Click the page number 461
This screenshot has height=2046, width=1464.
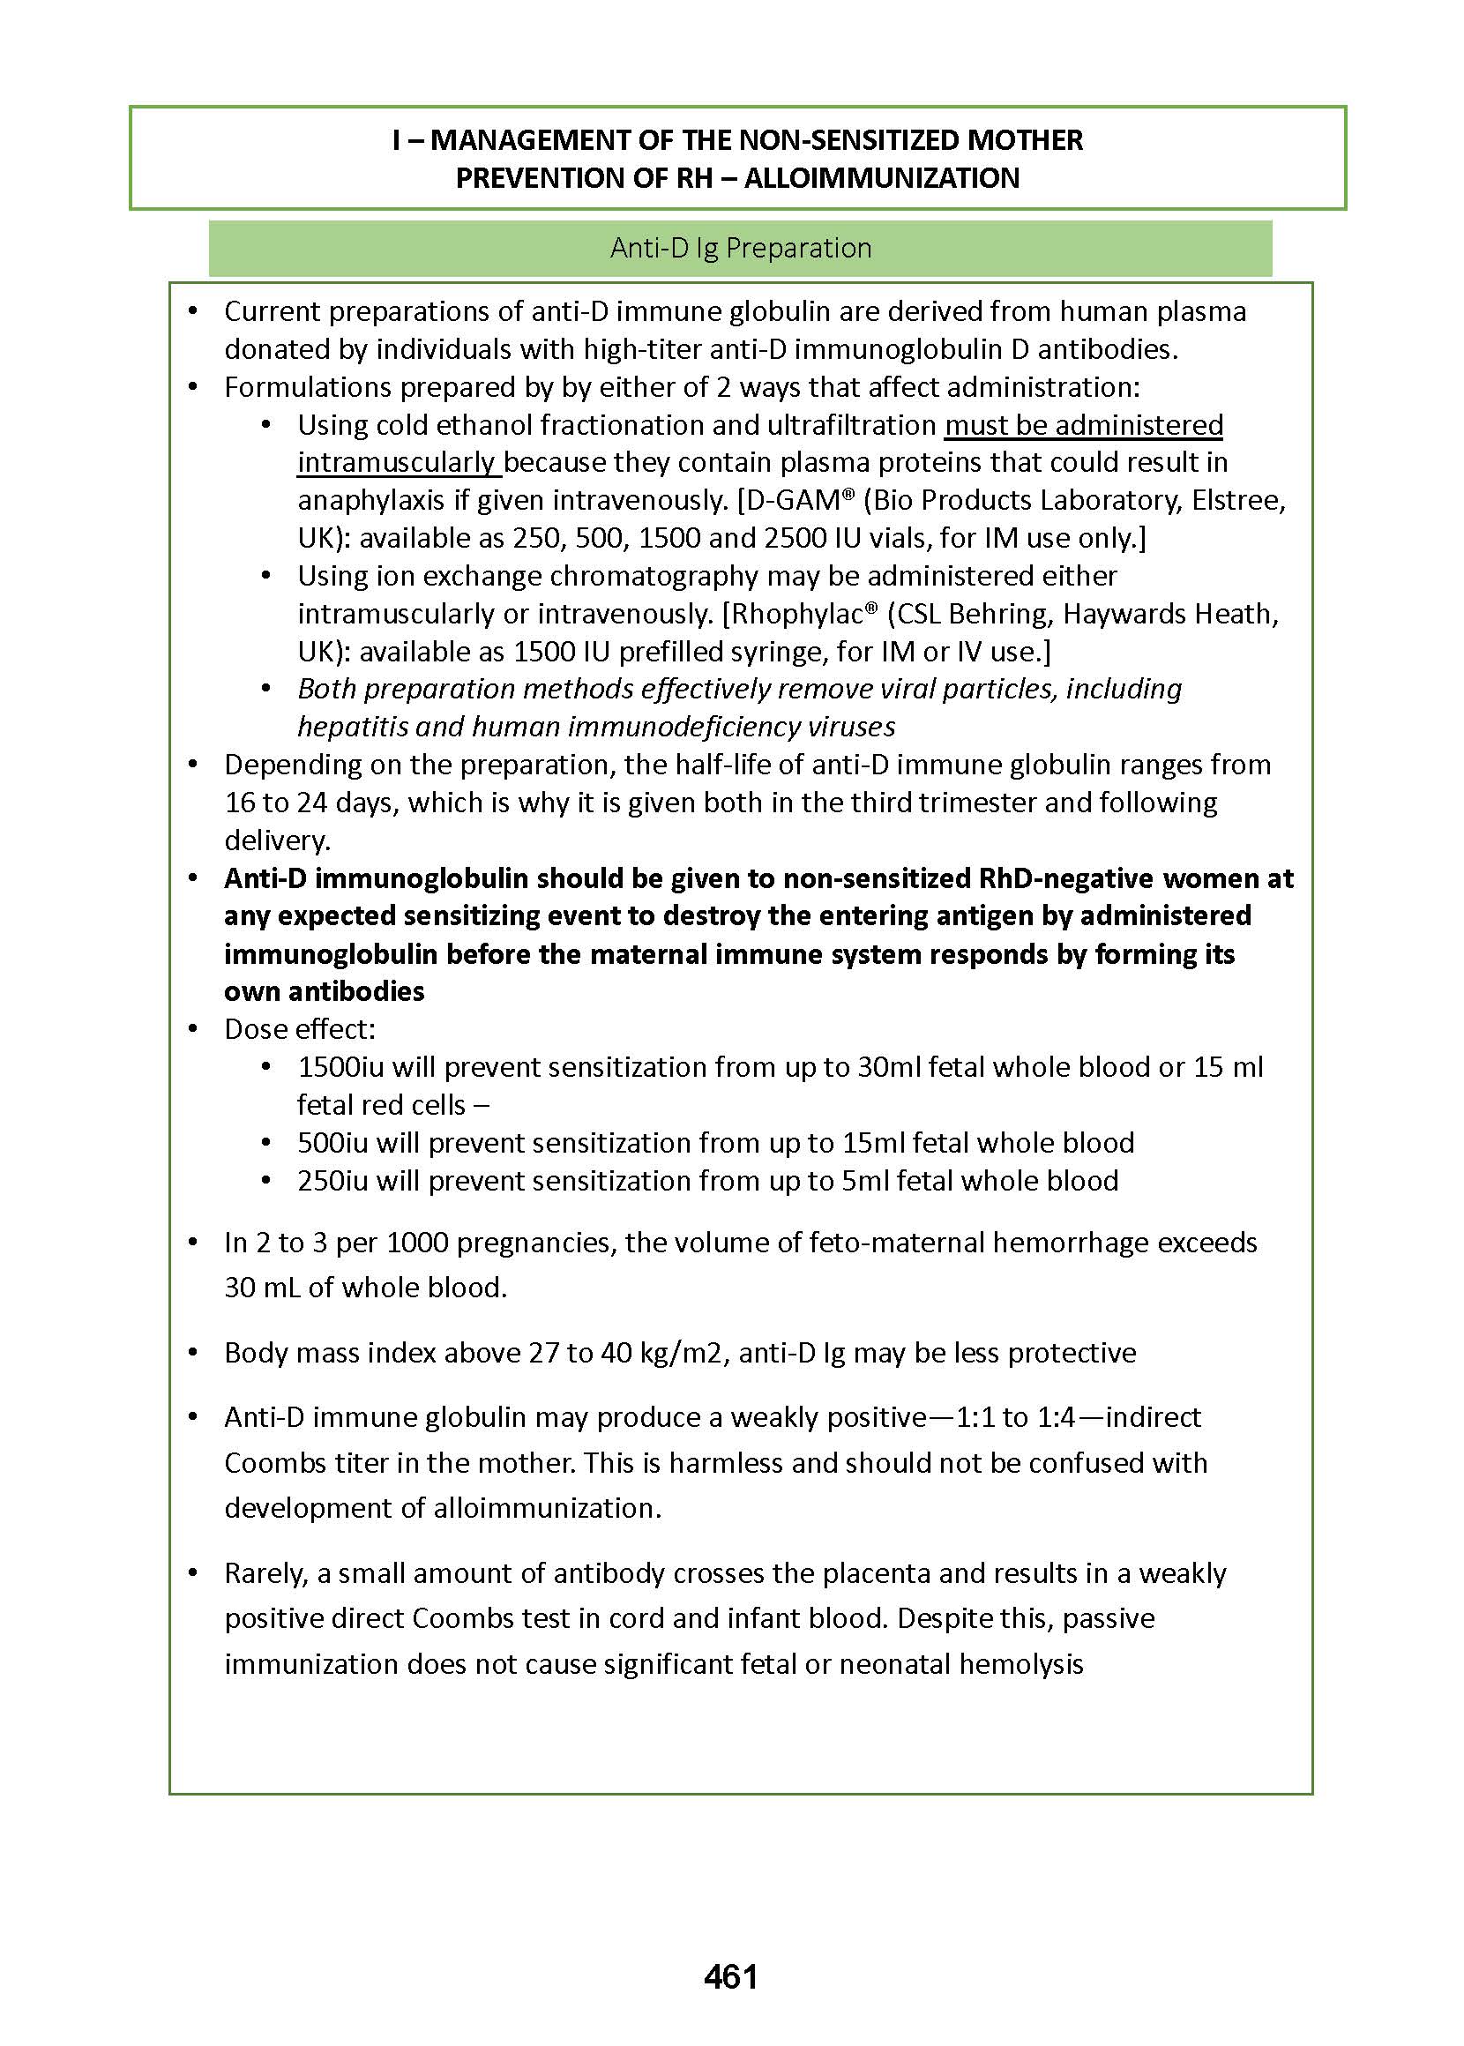pos(730,1976)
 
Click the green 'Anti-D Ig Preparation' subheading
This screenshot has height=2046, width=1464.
pos(740,248)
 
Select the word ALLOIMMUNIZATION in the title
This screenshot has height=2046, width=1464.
pos(882,178)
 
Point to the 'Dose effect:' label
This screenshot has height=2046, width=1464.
pos(299,1029)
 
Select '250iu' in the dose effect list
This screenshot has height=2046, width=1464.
pos(332,1181)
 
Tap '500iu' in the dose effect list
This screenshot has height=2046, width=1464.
pos(332,1143)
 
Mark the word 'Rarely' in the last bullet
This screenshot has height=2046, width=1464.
pos(265,1572)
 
